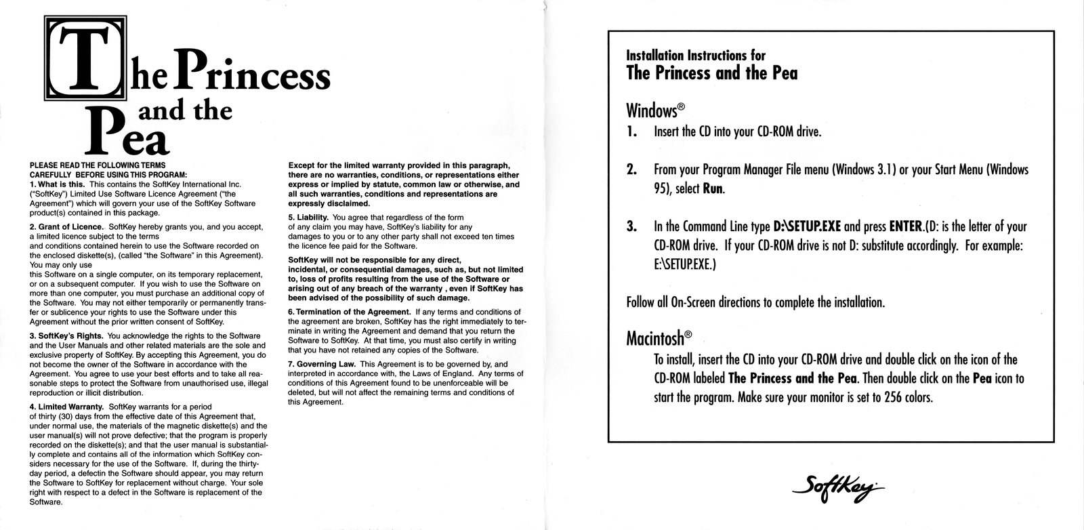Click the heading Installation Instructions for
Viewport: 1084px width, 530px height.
(x=696, y=56)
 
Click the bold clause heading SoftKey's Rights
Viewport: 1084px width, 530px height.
(x=66, y=336)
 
